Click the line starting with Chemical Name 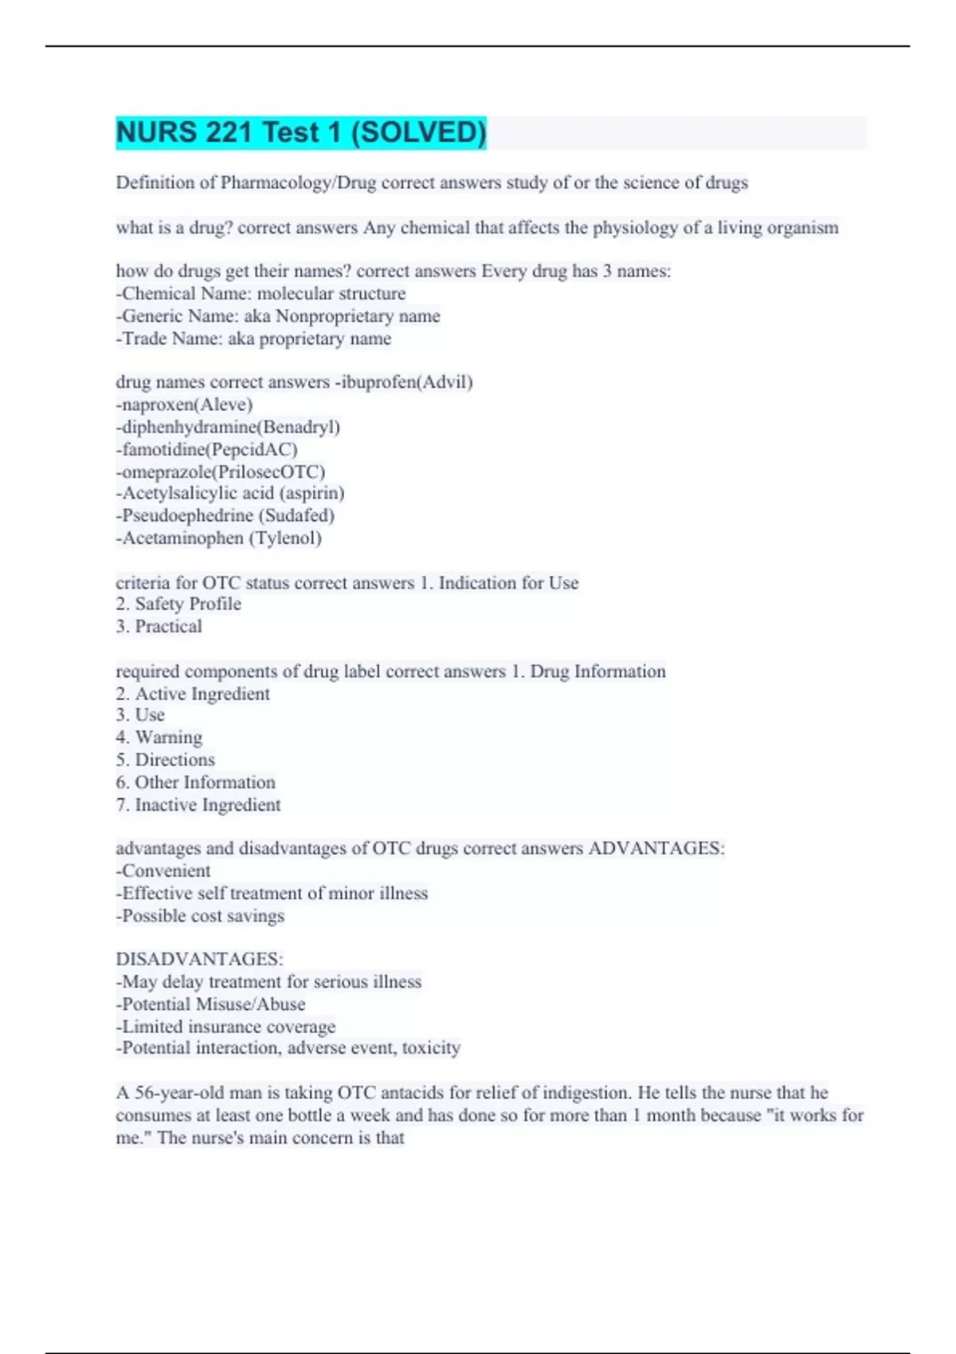(261, 294)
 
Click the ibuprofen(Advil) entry (404, 382)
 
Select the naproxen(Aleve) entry (185, 405)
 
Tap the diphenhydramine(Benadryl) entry (229, 427)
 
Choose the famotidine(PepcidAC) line (207, 449)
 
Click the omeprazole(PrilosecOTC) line (221, 472)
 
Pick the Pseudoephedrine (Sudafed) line (225, 515)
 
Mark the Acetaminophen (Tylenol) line (219, 538)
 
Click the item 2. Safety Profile (178, 604)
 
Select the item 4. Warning (159, 737)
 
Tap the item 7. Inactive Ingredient (198, 804)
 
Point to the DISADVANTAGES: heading (199, 959)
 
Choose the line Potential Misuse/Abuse (211, 1004)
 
